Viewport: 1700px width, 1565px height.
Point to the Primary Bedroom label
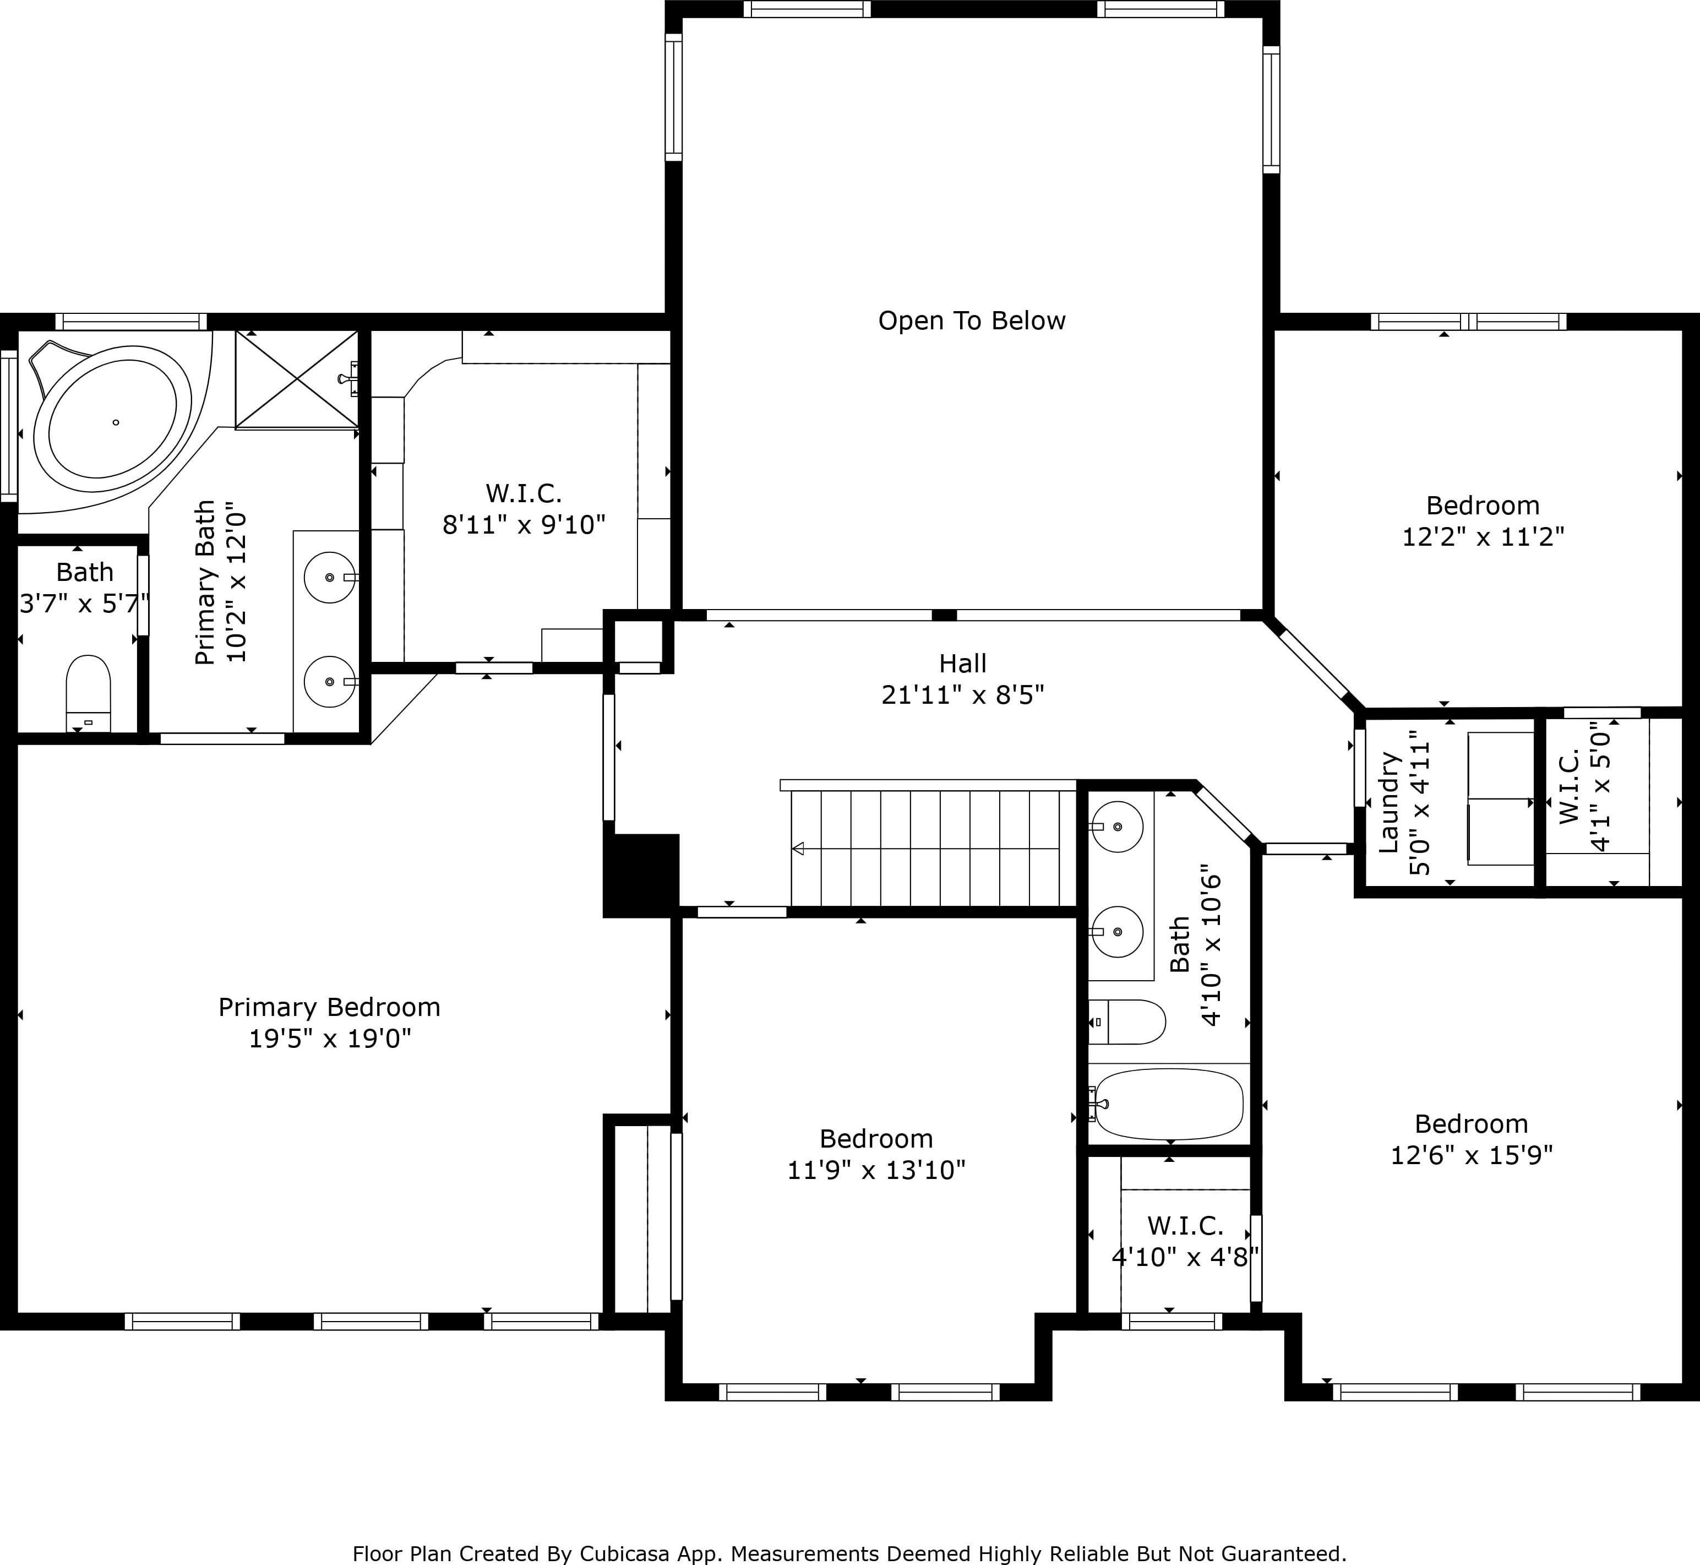[329, 1007]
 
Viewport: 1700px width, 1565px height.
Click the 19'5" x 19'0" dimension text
[329, 1038]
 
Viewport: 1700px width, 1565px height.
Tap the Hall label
[963, 663]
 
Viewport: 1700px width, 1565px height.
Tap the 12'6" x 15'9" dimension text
[1472, 1155]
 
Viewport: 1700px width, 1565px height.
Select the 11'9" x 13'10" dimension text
[876, 1170]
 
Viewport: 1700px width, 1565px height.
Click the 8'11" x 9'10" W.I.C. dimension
[524, 525]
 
